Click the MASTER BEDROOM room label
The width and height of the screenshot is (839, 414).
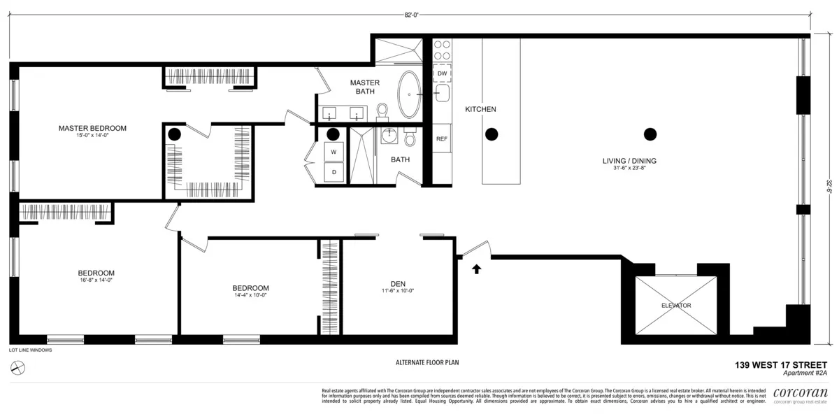coord(92,128)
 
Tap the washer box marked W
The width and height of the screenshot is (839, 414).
coord(334,152)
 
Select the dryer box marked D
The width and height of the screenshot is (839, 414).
coord(334,172)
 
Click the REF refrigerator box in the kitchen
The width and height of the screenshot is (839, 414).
coord(441,138)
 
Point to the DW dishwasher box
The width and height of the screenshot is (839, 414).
coord(442,73)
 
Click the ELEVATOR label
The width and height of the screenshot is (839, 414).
coord(675,306)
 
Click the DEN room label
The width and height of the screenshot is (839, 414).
coord(399,283)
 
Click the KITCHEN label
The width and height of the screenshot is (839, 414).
coord(480,110)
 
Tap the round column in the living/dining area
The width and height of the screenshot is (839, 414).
coord(650,134)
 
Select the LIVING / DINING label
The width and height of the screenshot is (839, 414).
coord(629,161)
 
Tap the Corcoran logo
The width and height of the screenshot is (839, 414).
coord(801,393)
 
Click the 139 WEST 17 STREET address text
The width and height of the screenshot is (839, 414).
coord(780,364)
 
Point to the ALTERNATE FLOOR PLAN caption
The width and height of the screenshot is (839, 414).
coord(426,362)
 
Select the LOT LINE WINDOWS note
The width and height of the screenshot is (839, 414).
coord(30,350)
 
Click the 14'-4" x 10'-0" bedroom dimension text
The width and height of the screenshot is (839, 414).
coord(250,295)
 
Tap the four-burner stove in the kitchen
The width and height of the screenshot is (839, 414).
coord(442,50)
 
